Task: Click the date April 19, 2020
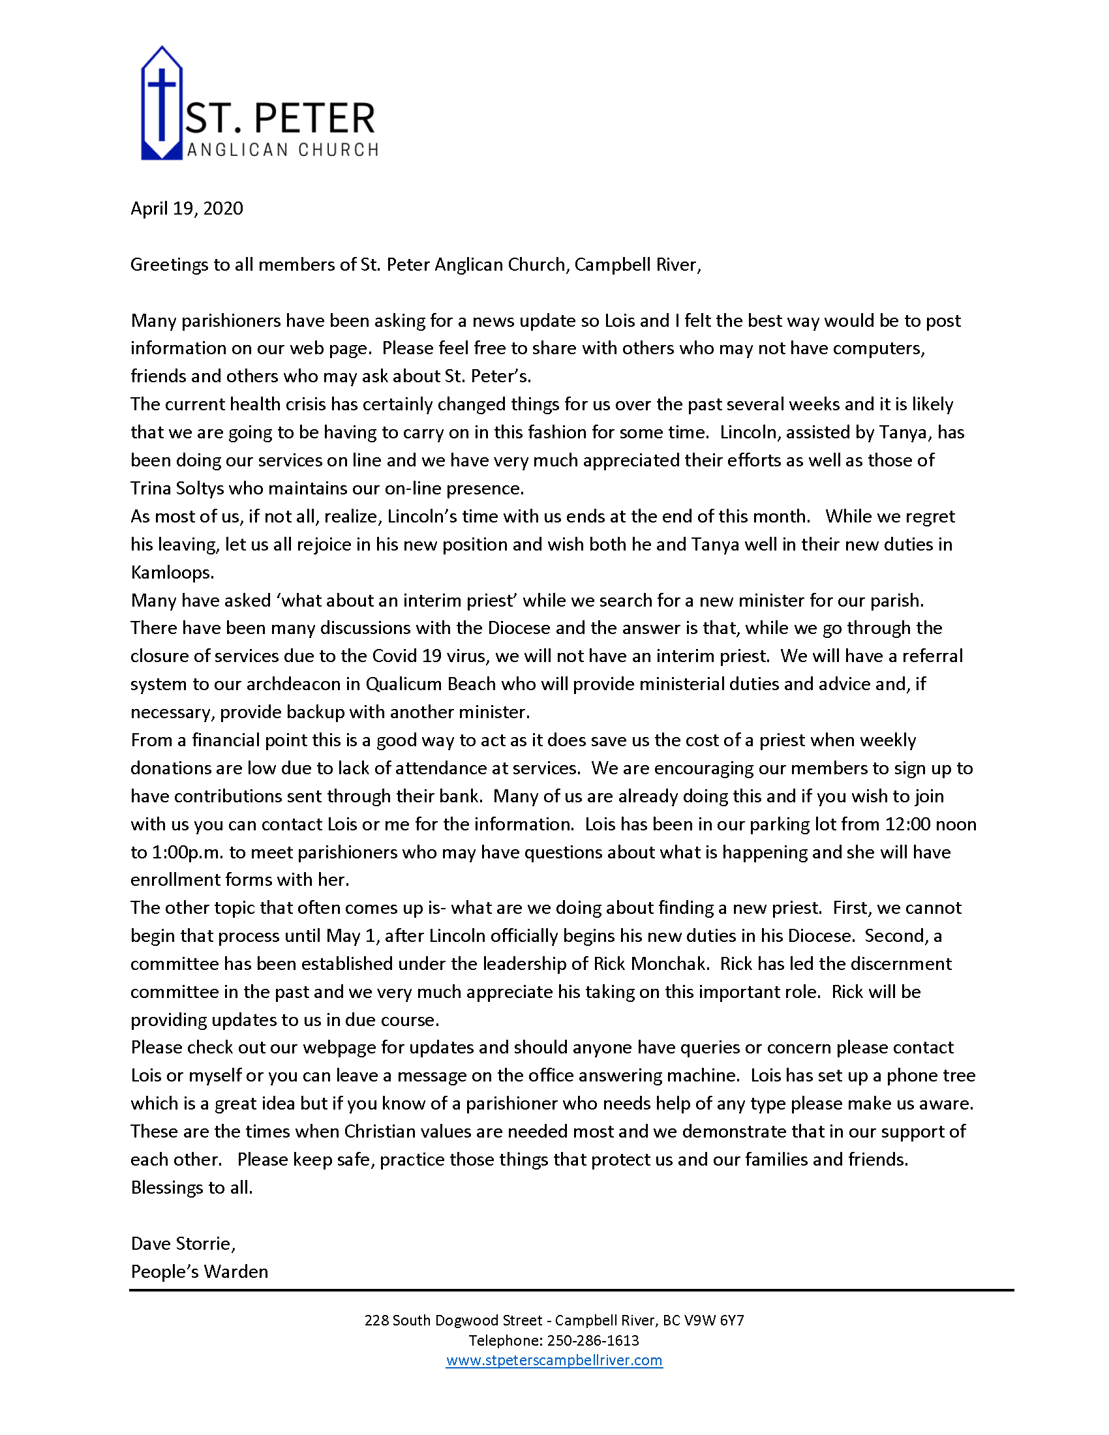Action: point(187,208)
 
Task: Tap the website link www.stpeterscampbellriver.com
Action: point(554,1360)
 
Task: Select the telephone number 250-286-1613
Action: point(592,1340)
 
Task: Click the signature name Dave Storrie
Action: point(182,1243)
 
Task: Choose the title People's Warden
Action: point(199,1271)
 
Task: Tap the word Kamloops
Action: point(172,572)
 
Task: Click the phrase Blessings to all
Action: point(191,1187)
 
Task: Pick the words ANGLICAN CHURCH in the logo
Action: point(282,151)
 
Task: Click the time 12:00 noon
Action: point(931,824)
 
